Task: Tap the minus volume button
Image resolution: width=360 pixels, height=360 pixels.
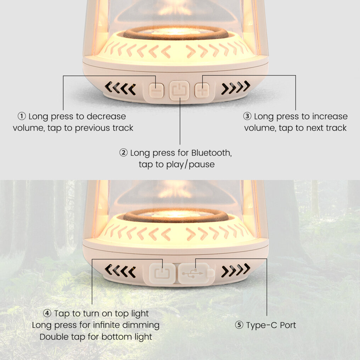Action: tap(156, 90)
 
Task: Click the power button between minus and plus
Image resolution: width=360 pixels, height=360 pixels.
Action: tap(179, 90)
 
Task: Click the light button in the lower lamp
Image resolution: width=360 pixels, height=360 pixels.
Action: tap(162, 273)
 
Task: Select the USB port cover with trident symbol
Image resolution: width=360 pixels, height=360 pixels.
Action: tap(195, 273)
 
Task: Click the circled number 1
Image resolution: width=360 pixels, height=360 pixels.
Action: tap(22, 116)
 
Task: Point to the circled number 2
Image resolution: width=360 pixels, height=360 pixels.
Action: tap(124, 153)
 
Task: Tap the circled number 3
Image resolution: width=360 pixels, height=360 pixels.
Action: tap(247, 116)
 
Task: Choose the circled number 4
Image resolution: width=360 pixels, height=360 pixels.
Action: tap(47, 313)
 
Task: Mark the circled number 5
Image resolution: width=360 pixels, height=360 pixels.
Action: tap(239, 325)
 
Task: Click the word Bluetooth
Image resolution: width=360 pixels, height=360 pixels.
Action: tap(212, 153)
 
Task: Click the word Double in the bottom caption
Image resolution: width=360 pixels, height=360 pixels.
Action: tap(54, 337)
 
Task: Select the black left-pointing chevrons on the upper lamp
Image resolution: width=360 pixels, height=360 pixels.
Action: tap(120, 88)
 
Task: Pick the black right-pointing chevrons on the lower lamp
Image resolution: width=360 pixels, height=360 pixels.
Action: tap(236, 270)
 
